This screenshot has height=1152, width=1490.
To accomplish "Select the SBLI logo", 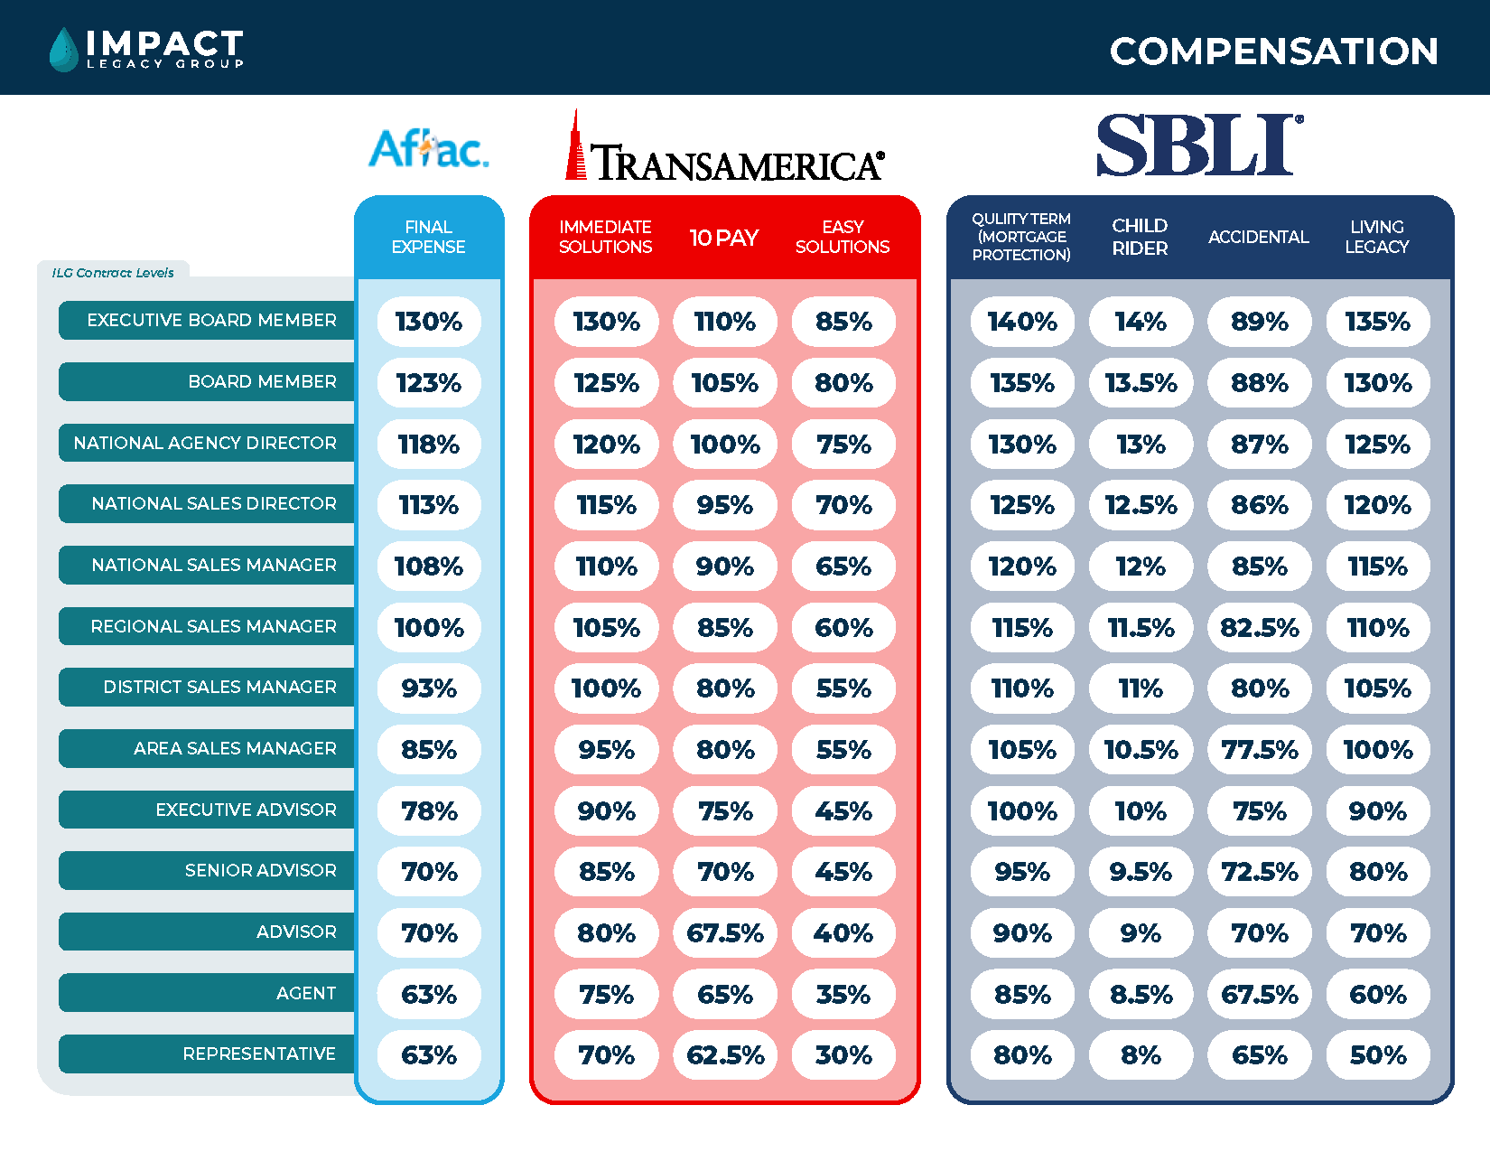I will coord(1199,145).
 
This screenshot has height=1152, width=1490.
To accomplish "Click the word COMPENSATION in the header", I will coord(1273,52).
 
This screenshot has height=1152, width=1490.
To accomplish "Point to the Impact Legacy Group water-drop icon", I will coord(63,49).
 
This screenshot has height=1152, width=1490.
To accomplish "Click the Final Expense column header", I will coord(429,237).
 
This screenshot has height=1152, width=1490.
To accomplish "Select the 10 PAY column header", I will coord(724,238).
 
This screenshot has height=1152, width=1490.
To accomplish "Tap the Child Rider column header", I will coord(1140,237).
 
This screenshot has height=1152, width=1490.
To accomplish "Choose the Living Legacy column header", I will coord(1377,237).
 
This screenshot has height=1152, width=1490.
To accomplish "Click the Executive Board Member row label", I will coord(211,321).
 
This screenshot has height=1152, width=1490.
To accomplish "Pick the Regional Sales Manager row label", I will coord(213,626).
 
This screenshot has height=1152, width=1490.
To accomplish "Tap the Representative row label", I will coord(259,1054).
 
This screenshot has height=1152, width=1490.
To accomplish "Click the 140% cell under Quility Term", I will coord(1022,322).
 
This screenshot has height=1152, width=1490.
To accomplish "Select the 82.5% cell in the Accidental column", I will coord(1260,627).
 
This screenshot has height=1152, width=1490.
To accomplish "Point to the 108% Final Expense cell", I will coord(429,567).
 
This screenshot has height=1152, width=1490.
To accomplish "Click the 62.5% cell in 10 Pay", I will coord(725,1055).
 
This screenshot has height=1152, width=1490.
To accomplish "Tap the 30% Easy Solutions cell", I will coord(843,1055).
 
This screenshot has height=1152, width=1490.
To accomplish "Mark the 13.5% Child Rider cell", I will coord(1141,383).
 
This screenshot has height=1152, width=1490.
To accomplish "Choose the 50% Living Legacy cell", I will coord(1378,1055).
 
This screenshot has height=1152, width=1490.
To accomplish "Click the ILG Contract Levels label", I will coord(113,273).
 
